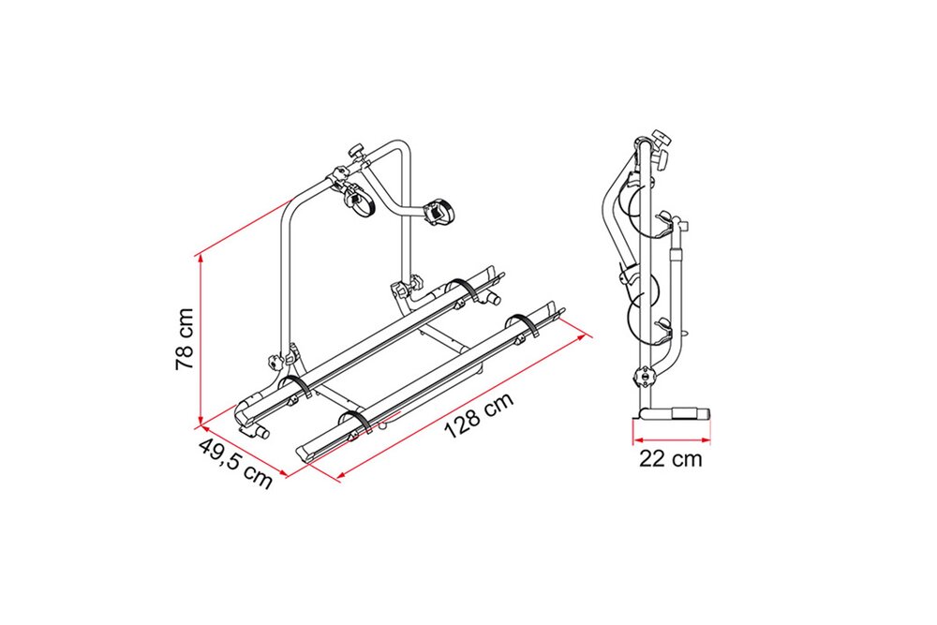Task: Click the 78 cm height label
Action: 185,339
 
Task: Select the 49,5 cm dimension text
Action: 235,463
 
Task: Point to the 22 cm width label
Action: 671,459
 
